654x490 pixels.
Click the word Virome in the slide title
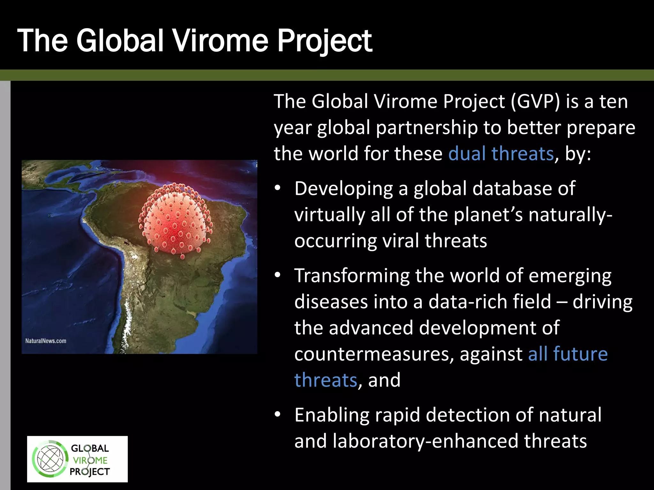click(x=220, y=41)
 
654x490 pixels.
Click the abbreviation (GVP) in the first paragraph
click(x=535, y=101)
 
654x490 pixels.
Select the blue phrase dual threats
click(x=501, y=153)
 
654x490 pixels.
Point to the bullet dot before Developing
click(x=278, y=188)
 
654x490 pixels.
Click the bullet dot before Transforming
click(x=278, y=275)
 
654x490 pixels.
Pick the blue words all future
click(x=567, y=354)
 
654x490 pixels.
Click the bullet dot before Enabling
click(x=278, y=415)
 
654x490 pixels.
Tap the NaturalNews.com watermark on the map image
click(x=46, y=341)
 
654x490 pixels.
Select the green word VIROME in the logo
click(x=90, y=460)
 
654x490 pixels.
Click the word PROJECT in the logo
click(x=90, y=471)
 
